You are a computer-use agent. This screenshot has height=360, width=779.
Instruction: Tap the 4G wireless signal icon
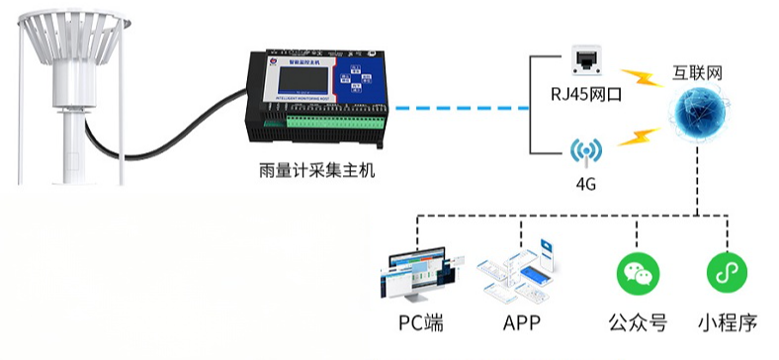pos(584,151)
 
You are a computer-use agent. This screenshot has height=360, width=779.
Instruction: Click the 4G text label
pos(585,184)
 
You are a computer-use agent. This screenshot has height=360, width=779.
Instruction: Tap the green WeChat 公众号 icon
pos(637,272)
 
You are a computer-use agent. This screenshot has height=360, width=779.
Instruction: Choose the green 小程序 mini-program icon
pos(726,272)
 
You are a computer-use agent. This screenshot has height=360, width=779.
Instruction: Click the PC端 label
pos(423,323)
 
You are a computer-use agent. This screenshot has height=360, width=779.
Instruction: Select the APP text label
pos(521,323)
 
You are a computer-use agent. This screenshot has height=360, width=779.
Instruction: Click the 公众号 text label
pos(637,323)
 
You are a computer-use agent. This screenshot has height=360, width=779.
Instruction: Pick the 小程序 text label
pos(727,323)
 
